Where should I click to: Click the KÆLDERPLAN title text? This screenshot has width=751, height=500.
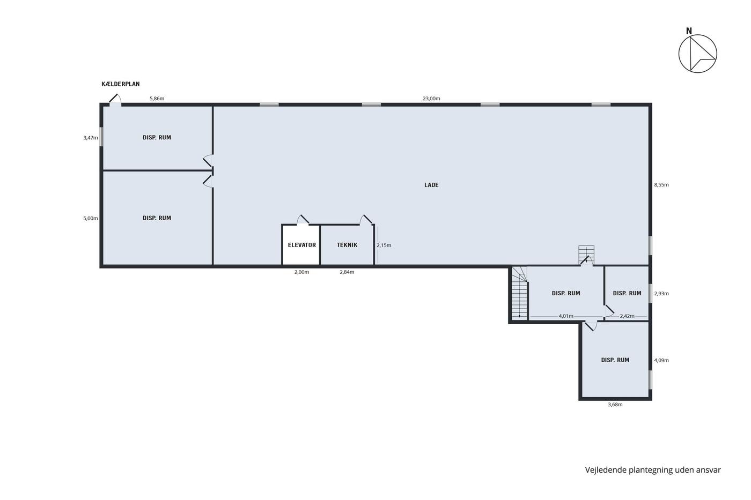[x=120, y=84]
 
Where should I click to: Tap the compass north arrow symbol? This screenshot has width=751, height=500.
[x=698, y=54]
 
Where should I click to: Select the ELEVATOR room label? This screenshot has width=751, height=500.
[x=301, y=245]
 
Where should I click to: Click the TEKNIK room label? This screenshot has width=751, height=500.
[x=347, y=245]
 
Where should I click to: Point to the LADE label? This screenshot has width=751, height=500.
[x=431, y=185]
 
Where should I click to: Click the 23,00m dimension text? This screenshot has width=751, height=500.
[x=431, y=99]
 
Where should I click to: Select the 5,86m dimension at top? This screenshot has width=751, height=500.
[x=157, y=99]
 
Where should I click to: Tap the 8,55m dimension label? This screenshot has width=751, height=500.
[x=661, y=185]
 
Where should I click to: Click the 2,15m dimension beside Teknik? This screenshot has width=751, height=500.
[x=384, y=245]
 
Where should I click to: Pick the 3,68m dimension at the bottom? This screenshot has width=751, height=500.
[x=615, y=405]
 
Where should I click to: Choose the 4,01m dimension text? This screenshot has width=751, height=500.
[x=565, y=316]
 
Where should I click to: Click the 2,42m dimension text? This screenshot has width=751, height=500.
[x=627, y=316]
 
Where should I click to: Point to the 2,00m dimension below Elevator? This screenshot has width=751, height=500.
[x=301, y=272]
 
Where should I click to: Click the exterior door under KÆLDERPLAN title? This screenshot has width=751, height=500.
[x=115, y=100]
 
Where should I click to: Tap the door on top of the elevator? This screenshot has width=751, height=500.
[x=303, y=220]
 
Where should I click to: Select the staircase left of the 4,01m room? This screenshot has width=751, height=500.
[x=519, y=293]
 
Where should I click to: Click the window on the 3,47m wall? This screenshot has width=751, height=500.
[x=101, y=137]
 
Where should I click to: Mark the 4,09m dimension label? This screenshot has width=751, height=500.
[x=661, y=360]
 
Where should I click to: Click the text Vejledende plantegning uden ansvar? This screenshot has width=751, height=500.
[x=653, y=470]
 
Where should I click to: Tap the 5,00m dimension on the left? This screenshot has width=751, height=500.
[x=91, y=218]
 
